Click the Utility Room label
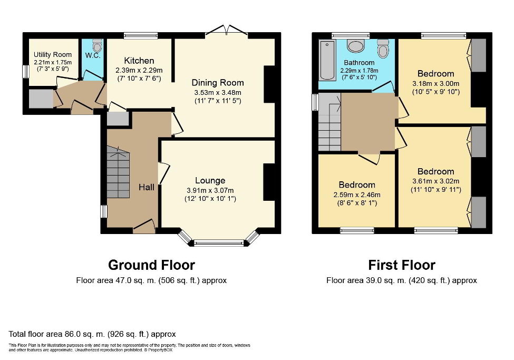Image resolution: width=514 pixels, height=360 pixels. click(x=53, y=54)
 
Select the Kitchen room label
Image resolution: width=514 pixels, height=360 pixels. click(x=139, y=61)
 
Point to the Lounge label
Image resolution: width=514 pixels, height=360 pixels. click(x=210, y=181)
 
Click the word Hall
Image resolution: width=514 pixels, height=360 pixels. click(x=146, y=187)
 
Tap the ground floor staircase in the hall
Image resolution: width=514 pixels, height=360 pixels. click(x=118, y=171)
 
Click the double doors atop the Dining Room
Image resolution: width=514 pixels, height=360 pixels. click(x=226, y=31)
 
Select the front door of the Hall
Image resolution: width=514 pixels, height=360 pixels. click(x=144, y=227)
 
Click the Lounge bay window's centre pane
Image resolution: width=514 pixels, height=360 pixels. click(x=219, y=243)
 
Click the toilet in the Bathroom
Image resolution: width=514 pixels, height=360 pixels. click(x=383, y=49)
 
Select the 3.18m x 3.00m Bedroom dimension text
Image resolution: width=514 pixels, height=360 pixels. click(x=435, y=83)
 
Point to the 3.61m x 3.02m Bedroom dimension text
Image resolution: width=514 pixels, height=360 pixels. click(x=435, y=181)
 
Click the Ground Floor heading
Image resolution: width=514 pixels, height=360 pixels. click(x=151, y=265)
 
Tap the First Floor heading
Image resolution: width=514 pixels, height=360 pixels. click(x=401, y=265)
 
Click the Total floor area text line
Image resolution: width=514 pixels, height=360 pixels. click(x=92, y=334)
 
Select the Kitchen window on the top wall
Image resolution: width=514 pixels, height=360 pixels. click(x=141, y=36)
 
